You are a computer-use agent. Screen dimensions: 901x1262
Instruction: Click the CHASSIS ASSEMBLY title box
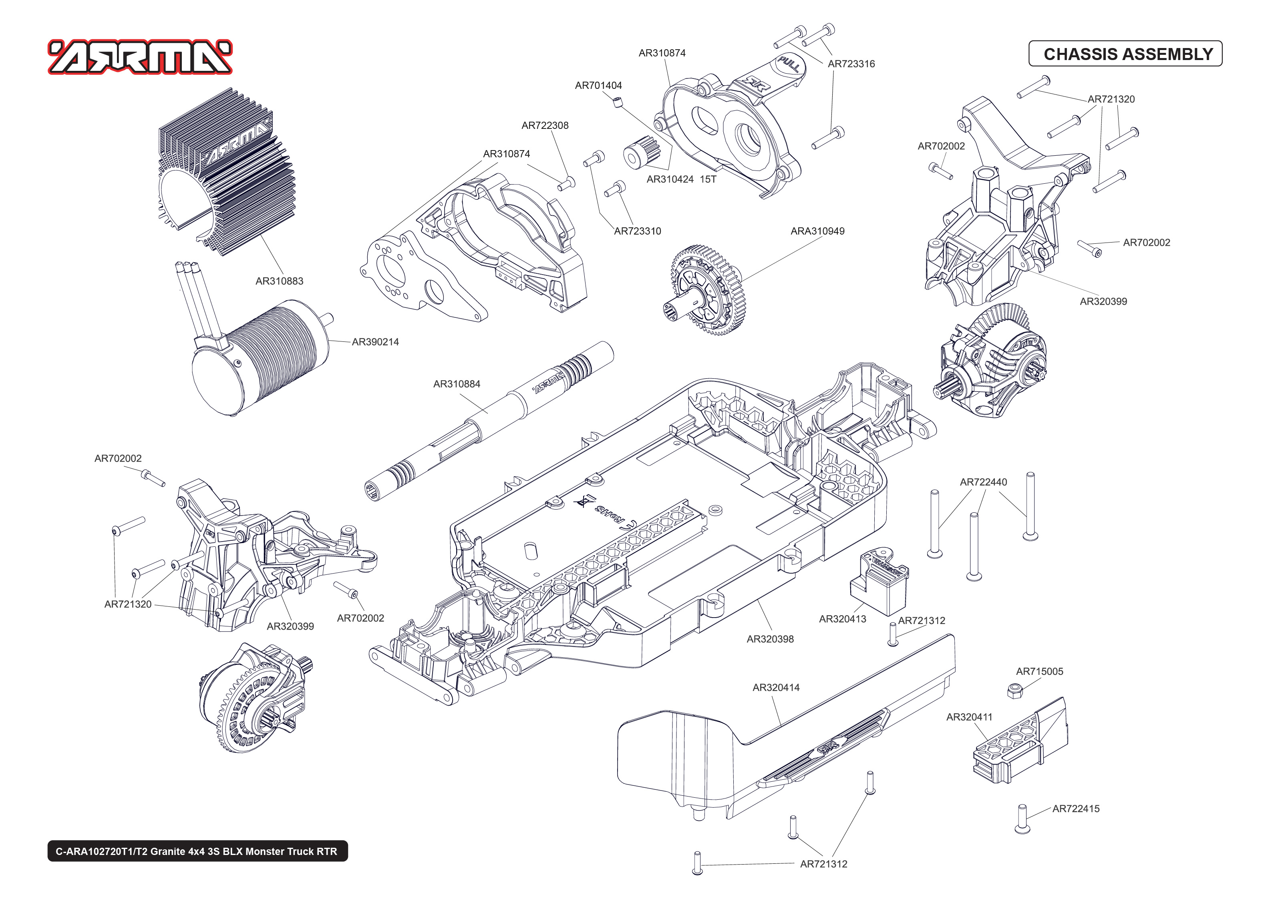(x=1125, y=54)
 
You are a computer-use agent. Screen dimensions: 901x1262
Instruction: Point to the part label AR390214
(x=375, y=342)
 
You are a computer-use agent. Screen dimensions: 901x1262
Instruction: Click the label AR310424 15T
(x=681, y=180)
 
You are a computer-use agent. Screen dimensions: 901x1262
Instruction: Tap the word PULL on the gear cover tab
(x=789, y=64)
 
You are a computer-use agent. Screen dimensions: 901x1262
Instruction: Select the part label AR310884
(x=456, y=384)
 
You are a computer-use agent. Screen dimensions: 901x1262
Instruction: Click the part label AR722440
(x=983, y=482)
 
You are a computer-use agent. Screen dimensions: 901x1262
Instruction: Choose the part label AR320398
(x=770, y=639)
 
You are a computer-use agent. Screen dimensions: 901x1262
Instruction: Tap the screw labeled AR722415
(x=1022, y=818)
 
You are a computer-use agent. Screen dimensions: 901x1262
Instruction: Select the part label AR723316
(x=851, y=64)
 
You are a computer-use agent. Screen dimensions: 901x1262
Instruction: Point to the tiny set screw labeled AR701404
(x=618, y=102)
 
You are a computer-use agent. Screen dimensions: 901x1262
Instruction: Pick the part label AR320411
(x=969, y=717)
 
